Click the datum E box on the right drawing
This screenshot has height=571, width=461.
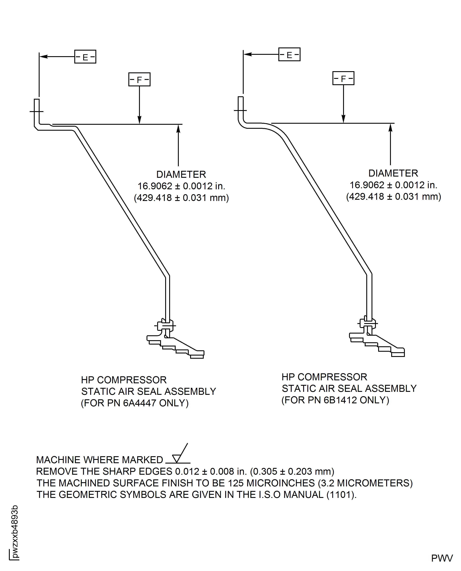(x=289, y=54)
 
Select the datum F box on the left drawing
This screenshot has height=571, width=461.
(x=139, y=79)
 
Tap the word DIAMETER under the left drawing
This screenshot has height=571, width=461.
(x=181, y=174)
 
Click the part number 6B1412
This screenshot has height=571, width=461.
(x=340, y=400)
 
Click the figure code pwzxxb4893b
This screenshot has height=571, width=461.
(x=15, y=531)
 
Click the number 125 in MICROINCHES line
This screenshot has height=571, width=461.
(x=236, y=483)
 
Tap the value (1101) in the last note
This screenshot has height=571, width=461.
(x=341, y=495)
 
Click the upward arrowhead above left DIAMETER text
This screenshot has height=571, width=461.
(x=178, y=129)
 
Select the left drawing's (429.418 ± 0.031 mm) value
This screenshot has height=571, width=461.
(x=181, y=198)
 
